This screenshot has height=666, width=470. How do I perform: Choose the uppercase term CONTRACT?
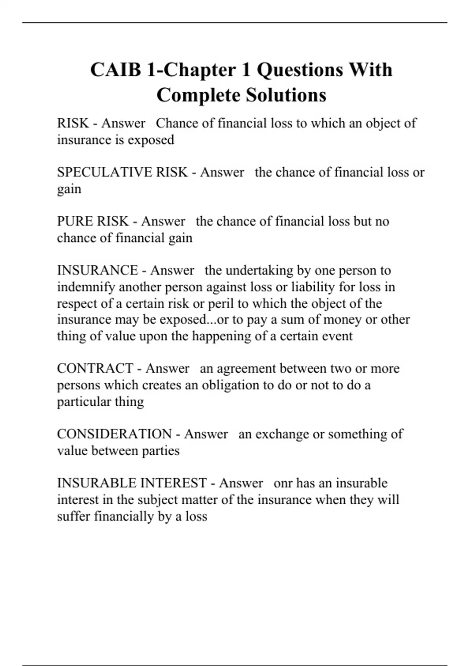95,369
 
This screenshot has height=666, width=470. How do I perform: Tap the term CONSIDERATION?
114,434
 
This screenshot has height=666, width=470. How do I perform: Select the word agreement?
246,369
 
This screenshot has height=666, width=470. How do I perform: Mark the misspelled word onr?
283,483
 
